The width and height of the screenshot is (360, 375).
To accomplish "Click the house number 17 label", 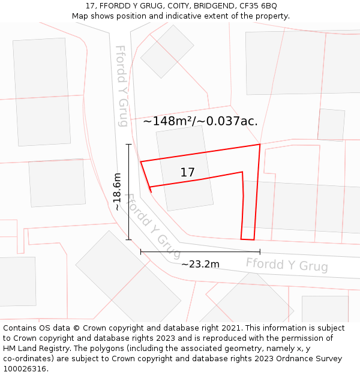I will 187,173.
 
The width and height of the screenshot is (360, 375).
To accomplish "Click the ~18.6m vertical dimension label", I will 117,191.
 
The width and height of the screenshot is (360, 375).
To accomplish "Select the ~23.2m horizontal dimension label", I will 200,264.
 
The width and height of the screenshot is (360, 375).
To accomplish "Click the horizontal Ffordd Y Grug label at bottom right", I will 287,265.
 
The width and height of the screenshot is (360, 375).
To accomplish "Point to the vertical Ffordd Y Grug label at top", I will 122,86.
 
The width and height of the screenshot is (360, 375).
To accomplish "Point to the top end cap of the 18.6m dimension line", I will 128,145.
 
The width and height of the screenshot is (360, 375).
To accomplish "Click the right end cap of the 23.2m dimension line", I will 260,252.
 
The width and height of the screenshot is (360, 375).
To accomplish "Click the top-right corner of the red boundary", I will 260,145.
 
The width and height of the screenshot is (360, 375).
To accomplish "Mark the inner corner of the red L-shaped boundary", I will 242,172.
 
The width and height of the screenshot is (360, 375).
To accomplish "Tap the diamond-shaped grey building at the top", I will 167,52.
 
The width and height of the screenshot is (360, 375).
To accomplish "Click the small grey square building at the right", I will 331,124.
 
